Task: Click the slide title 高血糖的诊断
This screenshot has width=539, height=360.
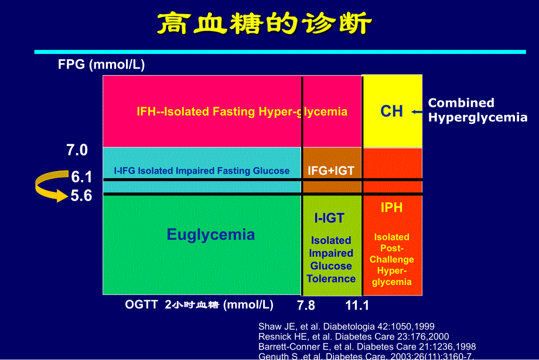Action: [264, 25]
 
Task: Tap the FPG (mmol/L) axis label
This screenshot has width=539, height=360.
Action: [101, 65]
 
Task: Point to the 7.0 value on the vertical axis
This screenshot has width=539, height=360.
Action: [77, 151]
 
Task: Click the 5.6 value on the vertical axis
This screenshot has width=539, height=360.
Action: [81, 196]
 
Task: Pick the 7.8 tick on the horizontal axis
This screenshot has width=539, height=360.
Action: [306, 305]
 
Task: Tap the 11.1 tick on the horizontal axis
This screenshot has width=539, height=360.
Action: [357, 305]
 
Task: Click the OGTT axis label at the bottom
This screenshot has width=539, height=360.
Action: [199, 305]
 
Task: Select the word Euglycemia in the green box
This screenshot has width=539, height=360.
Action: [211, 235]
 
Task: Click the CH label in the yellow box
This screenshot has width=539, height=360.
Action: [391, 111]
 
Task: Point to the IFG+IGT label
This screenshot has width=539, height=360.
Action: [331, 171]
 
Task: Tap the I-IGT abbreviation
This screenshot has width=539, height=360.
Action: [329, 219]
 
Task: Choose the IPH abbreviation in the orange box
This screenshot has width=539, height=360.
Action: [391, 208]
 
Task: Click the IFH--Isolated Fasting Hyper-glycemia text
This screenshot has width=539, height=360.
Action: [242, 111]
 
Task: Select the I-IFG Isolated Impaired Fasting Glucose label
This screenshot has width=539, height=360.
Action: [202, 171]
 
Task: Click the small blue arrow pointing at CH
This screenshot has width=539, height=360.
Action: [417, 111]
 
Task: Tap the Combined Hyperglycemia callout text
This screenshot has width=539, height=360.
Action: [477, 110]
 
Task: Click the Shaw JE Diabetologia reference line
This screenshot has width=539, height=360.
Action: [346, 327]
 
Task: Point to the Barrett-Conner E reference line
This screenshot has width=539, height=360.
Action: [367, 346]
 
